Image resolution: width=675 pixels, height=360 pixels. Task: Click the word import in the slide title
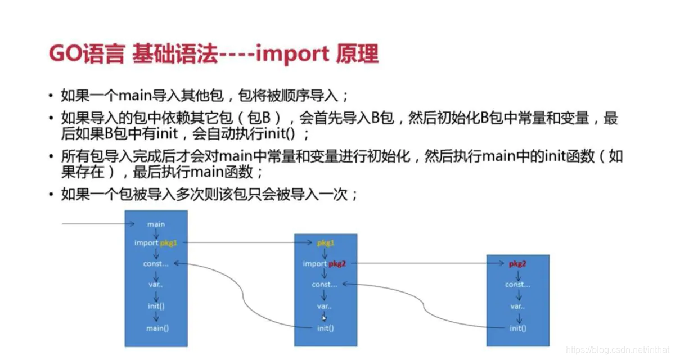[293, 55]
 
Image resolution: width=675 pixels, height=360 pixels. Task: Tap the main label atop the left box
[156, 224]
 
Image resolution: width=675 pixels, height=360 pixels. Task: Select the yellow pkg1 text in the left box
[169, 243]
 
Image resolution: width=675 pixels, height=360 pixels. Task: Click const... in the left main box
[156, 263]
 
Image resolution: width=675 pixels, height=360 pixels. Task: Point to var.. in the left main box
[156, 285]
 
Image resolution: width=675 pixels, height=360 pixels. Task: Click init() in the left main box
[156, 306]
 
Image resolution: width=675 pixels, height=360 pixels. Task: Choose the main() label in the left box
[157, 328]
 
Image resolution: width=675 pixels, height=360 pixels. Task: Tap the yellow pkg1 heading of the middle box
[326, 243]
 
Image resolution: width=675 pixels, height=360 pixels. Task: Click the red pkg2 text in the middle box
[338, 263]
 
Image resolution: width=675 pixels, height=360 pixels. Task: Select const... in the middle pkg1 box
[325, 285]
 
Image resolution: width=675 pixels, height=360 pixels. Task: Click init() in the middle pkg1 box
[325, 328]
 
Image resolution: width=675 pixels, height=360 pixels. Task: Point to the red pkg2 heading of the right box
[517, 263]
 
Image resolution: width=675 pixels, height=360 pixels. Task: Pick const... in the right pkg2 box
[517, 285]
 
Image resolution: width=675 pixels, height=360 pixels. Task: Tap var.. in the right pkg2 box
[517, 307]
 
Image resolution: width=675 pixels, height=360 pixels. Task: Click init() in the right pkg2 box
[517, 328]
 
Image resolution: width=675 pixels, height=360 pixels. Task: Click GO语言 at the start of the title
[86, 55]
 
